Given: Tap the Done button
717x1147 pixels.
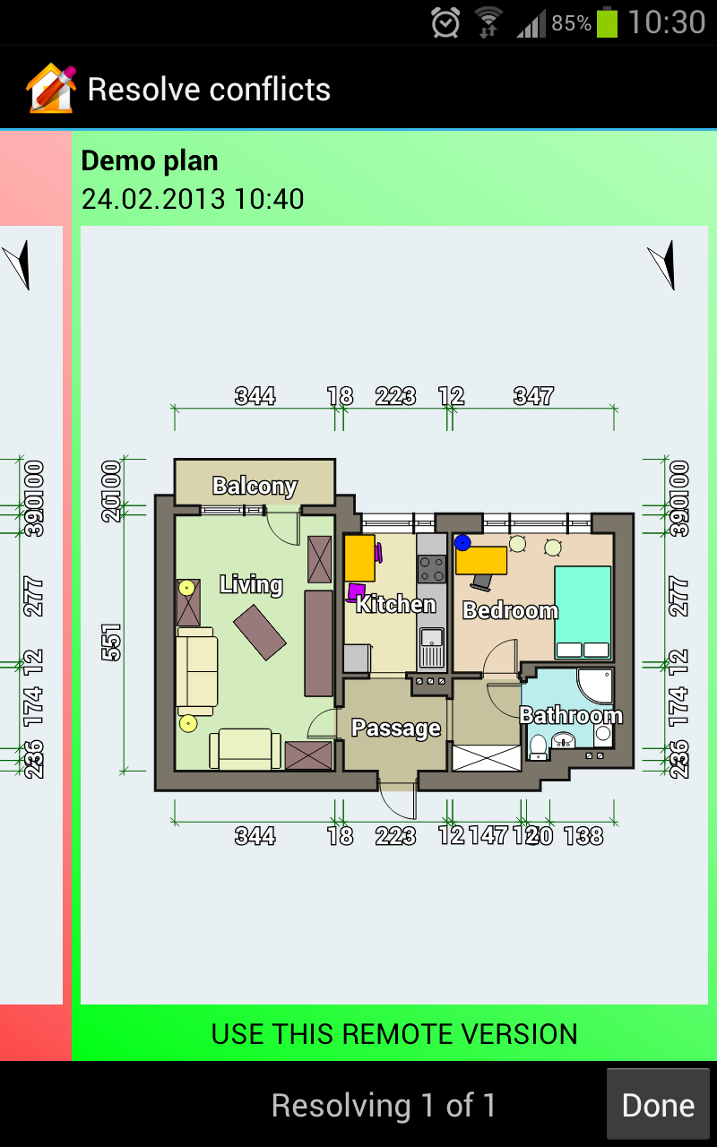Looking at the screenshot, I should [x=658, y=1105].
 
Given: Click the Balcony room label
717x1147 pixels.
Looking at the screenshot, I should [x=255, y=486].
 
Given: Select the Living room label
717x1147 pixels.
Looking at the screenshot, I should [x=251, y=585].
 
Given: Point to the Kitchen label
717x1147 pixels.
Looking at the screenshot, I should [x=395, y=604].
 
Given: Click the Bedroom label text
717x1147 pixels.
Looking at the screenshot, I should [x=510, y=611].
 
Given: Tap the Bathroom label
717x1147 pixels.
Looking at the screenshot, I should [x=571, y=715].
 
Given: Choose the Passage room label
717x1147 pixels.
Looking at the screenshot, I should [x=395, y=728].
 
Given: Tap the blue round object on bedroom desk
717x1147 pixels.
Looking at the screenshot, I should [x=462, y=542].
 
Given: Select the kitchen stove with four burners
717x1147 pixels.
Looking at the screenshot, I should [x=432, y=568].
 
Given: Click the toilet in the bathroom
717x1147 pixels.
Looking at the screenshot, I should [x=538, y=746].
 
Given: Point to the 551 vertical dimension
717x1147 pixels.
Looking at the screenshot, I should [x=111, y=642].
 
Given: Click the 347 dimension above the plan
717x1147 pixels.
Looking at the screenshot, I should [x=533, y=396].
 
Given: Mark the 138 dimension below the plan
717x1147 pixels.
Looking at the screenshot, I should [x=583, y=836].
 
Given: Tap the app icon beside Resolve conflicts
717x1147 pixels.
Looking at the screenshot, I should [x=51, y=89].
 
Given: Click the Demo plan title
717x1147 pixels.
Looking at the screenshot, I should [x=150, y=161].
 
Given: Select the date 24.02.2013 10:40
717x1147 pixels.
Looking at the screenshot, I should [x=193, y=198].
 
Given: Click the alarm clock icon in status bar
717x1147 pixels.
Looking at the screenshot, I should [x=445, y=22].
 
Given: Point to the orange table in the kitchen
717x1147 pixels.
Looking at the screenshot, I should [x=359, y=557].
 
